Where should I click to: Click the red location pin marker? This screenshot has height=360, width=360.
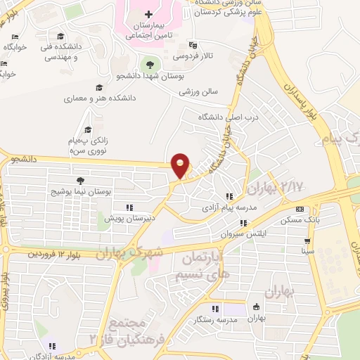pos(181,165)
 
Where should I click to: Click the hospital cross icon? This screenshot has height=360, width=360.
pos(148,14)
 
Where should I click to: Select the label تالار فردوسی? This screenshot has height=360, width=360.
pos(192,54)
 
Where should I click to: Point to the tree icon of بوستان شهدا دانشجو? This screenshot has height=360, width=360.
pos(149,64)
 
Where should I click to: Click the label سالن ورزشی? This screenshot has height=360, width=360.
pos(199,91)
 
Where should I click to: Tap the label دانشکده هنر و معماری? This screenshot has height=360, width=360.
pos(94,99)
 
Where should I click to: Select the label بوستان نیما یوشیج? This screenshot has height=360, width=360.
pos(78,191)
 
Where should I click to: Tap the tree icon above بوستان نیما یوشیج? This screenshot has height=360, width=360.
pos(79,181)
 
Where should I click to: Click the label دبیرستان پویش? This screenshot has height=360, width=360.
pos(105,219)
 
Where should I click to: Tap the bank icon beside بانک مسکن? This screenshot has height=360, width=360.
pos(300,209)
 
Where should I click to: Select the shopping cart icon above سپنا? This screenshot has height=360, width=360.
pos(307,240)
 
